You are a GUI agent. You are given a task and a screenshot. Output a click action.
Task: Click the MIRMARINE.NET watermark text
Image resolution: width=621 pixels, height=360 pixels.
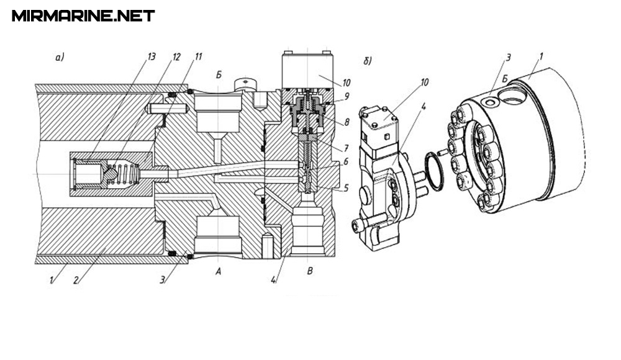coord(83,16)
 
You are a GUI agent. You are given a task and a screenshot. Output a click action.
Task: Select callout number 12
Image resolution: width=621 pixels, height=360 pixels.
coord(176,56)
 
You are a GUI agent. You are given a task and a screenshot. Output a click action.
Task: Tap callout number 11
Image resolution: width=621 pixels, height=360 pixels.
coord(198,56)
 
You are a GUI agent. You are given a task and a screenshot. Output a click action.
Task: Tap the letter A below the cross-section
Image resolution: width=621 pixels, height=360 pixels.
coord(217,272)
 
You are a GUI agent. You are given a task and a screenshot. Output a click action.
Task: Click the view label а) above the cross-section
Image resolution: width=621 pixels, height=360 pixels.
coord(60,58)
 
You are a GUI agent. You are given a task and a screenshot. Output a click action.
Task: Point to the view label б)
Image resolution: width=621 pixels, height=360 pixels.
coord(368,61)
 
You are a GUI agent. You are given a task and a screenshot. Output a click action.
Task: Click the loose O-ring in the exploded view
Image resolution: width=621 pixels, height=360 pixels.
coord(434,173)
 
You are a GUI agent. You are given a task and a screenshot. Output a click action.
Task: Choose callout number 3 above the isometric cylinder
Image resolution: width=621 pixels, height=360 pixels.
coord(508,58)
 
